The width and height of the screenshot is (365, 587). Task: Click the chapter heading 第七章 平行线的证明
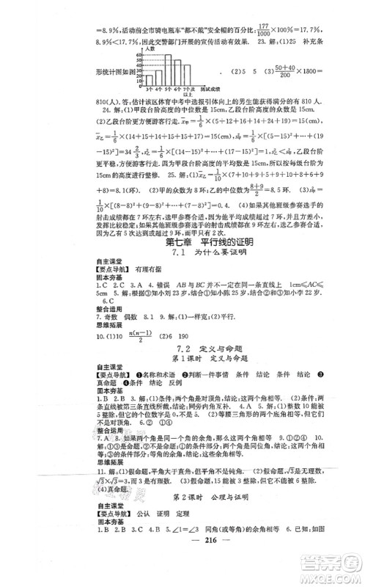tap(182, 263)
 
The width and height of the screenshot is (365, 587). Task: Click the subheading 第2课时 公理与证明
tap(182, 517)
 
